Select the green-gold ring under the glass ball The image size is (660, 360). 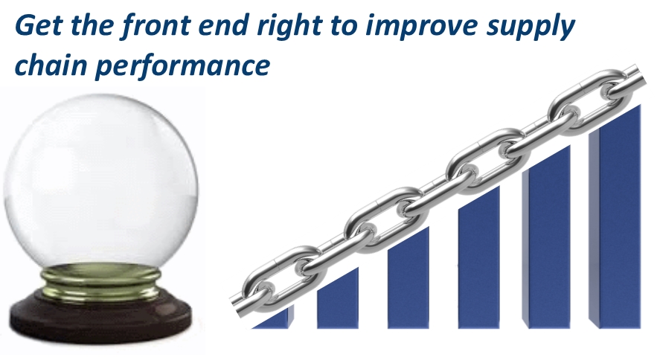(100, 280)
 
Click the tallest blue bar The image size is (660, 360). (615, 216)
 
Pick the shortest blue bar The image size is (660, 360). (275, 318)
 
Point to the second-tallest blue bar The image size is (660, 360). (547, 237)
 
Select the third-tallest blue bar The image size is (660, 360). (479, 257)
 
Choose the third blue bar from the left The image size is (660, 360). (409, 277)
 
